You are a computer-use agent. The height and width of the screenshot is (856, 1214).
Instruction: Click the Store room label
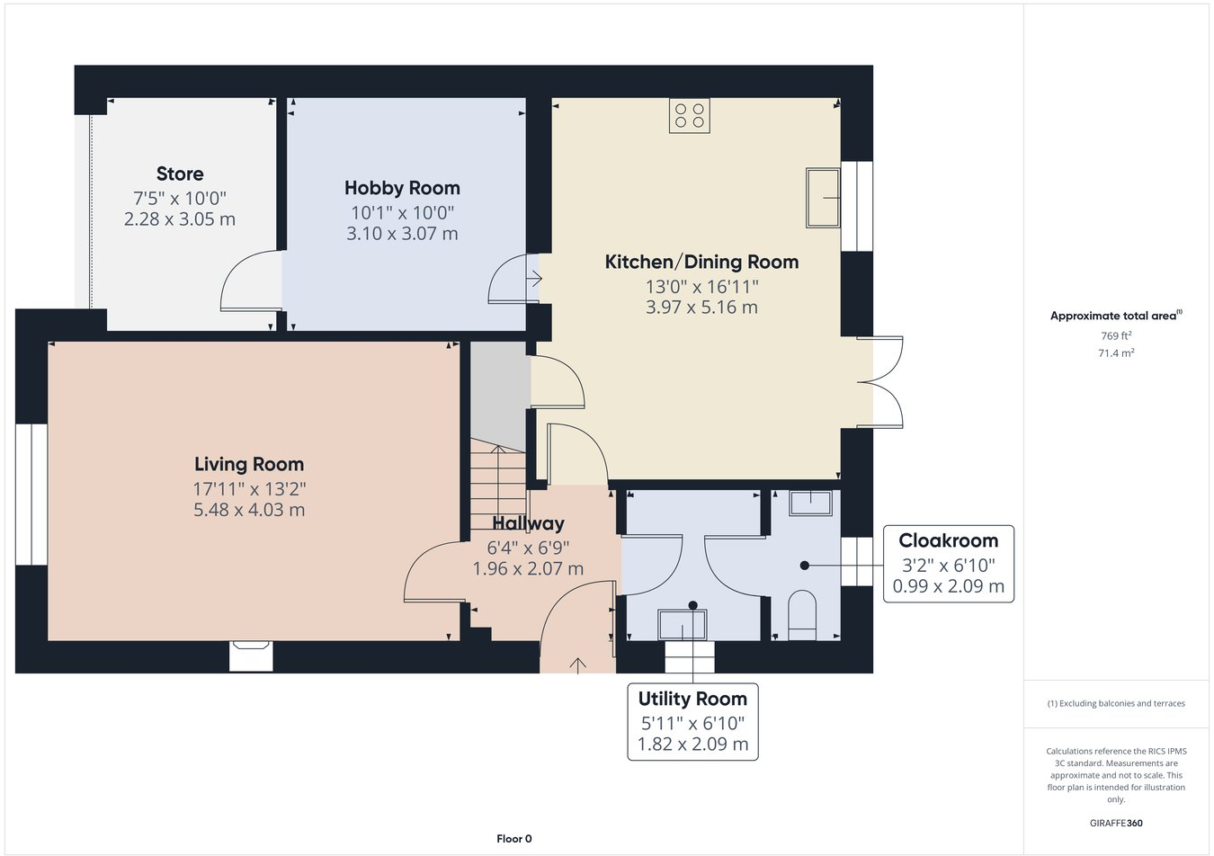pyautogui.click(x=180, y=174)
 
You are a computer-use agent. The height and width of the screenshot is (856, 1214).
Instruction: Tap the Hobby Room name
pyautogui.click(x=402, y=188)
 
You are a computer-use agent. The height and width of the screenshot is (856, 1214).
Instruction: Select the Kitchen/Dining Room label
pyautogui.click(x=701, y=262)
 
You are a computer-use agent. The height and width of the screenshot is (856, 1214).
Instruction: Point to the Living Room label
pyautogui.click(x=249, y=464)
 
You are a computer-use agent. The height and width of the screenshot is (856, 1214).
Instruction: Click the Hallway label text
pyautogui.click(x=528, y=523)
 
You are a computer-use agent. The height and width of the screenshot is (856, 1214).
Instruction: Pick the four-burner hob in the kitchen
pyautogui.click(x=689, y=115)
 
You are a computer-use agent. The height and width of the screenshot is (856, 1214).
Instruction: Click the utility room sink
pyautogui.click(x=683, y=625)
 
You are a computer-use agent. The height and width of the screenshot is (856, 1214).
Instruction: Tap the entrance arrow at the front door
pyautogui.click(x=577, y=664)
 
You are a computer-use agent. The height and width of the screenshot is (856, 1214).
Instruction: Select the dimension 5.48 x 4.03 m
pyautogui.click(x=249, y=510)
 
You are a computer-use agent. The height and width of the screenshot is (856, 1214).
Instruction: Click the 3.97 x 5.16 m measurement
pyautogui.click(x=701, y=308)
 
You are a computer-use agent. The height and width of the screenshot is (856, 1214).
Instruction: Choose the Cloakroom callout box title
pyautogui.click(x=948, y=540)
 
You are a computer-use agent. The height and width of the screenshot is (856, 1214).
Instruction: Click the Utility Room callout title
pyautogui.click(x=692, y=699)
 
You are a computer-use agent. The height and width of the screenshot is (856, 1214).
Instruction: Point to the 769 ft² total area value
pyautogui.click(x=1116, y=335)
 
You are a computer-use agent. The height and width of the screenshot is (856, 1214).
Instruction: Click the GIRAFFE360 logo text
pyautogui.click(x=1116, y=823)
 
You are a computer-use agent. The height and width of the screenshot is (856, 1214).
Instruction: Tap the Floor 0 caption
pyautogui.click(x=514, y=839)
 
